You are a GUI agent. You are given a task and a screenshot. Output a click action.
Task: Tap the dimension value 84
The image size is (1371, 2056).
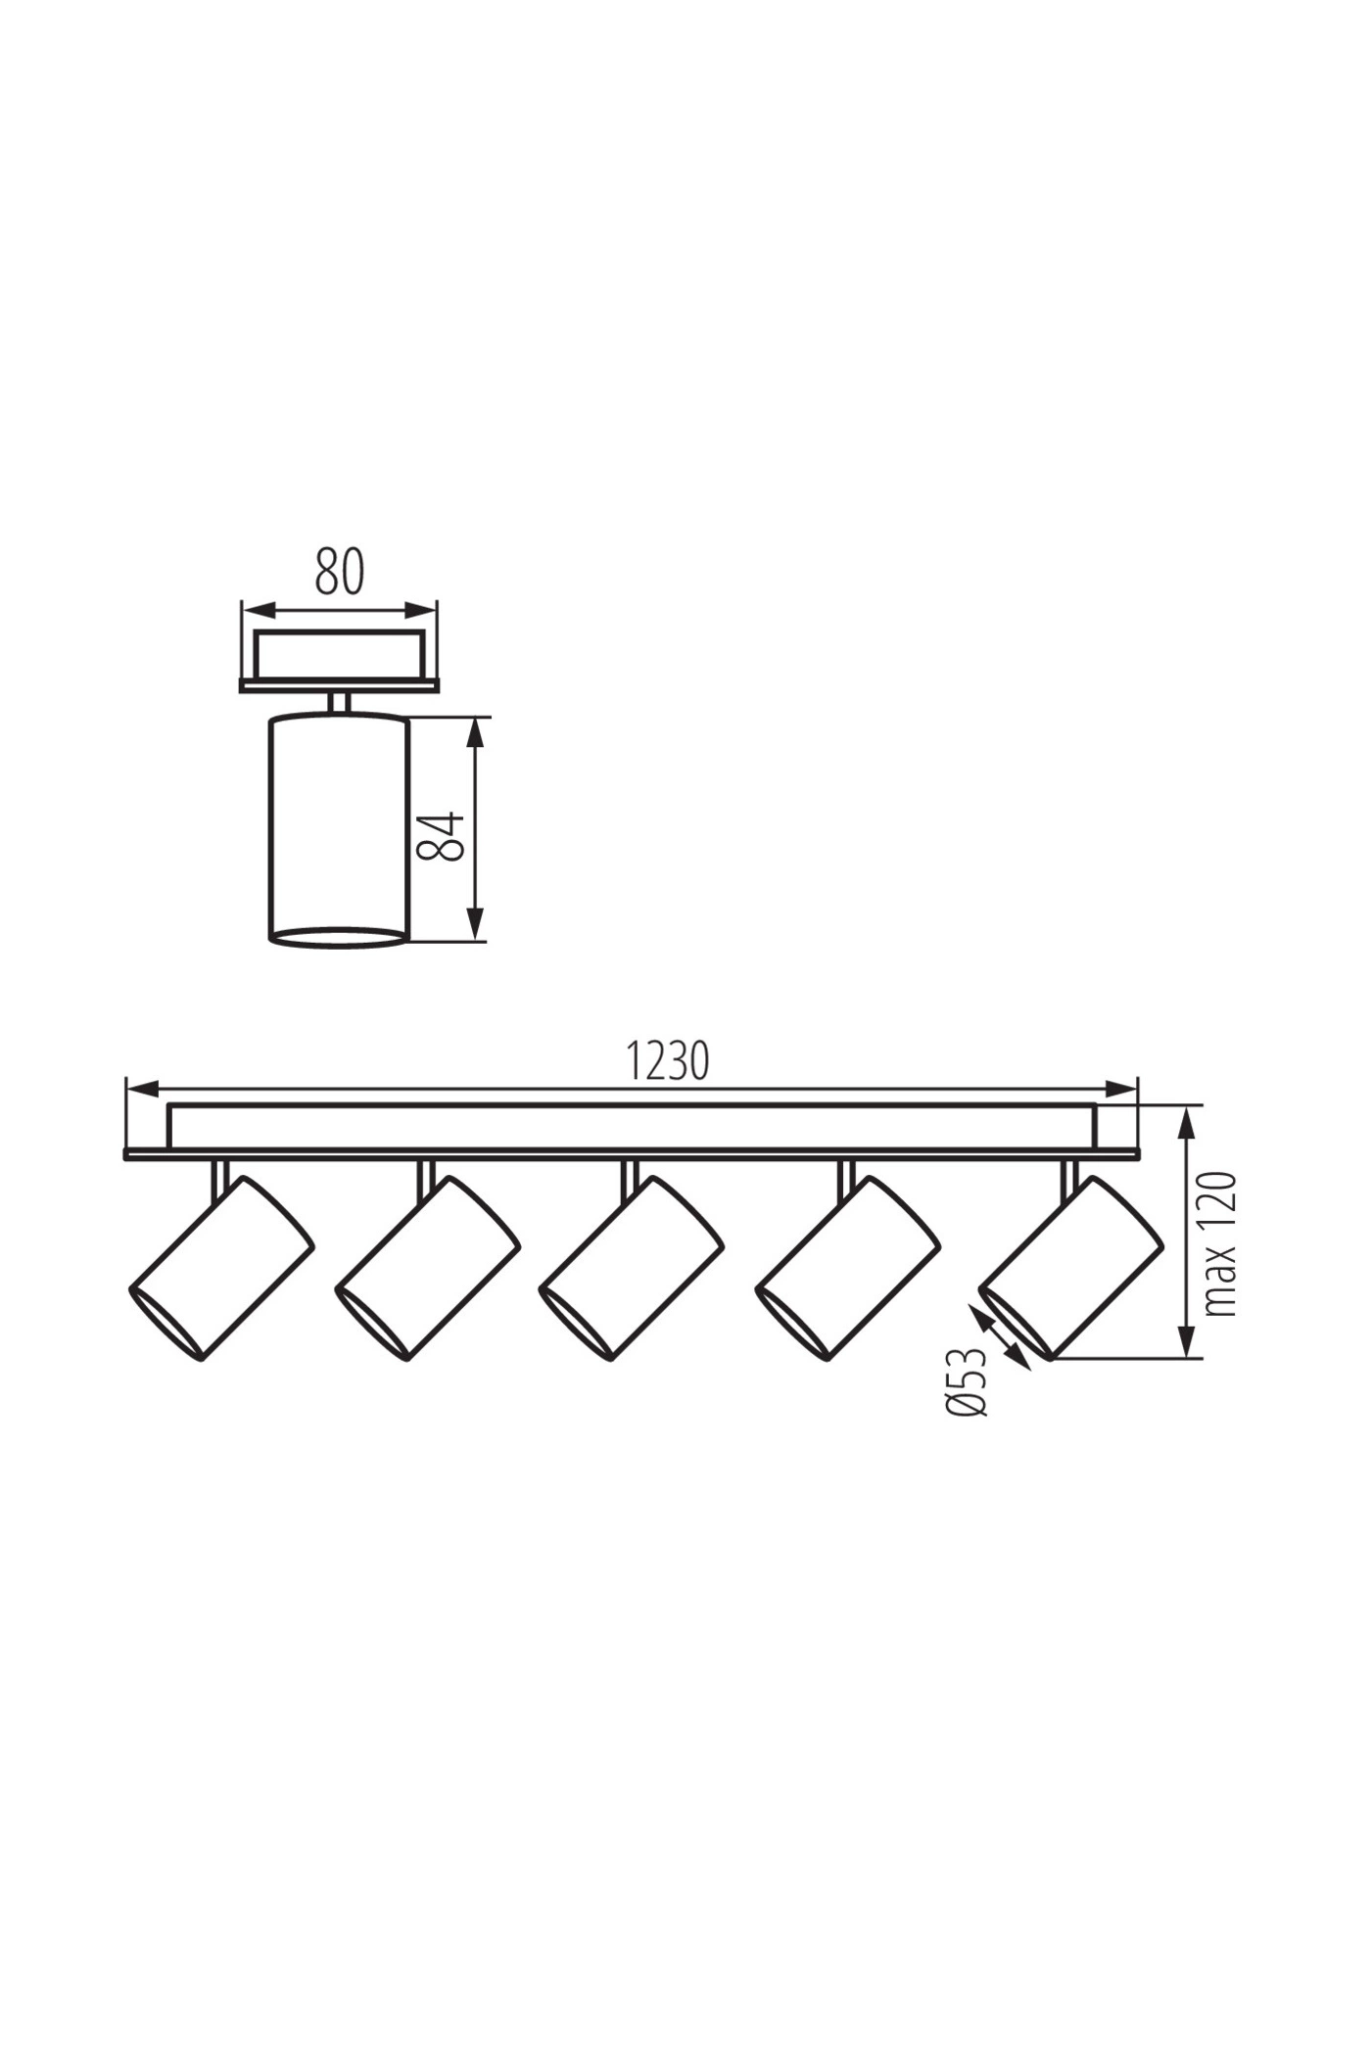click(x=440, y=835)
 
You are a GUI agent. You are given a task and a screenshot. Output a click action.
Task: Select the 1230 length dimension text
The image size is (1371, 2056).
click(x=667, y=1060)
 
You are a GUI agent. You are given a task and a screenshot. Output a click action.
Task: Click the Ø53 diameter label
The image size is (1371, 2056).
click(x=968, y=1380)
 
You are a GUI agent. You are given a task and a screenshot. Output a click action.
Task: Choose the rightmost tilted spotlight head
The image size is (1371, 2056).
click(x=1071, y=1268)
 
